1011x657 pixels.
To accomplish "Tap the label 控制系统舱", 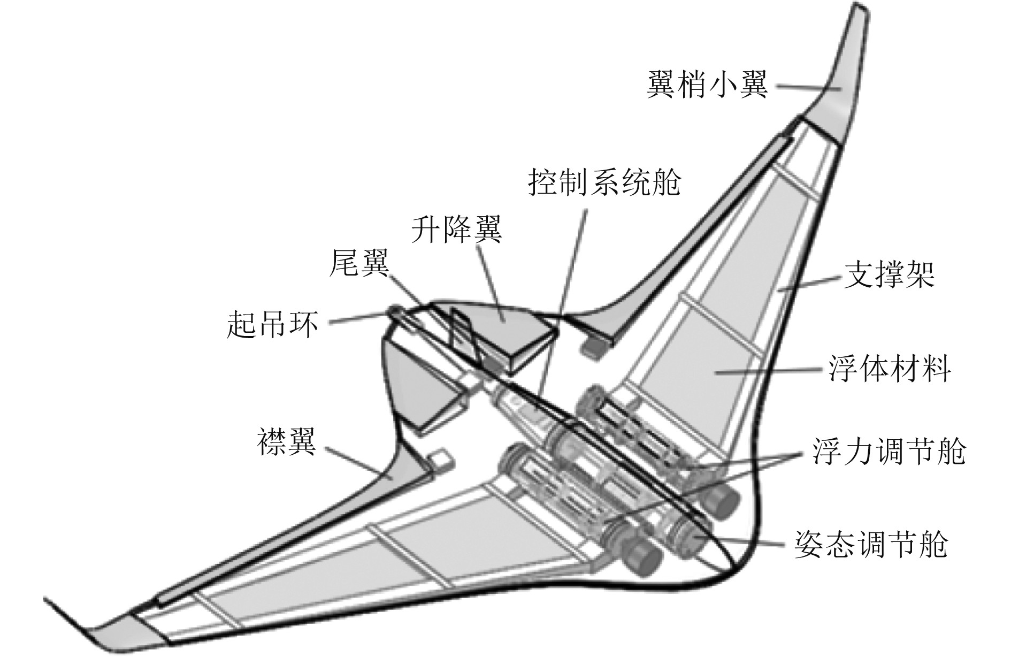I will point(604,184).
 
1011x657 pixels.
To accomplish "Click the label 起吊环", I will point(273,324).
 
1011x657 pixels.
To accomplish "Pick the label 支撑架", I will point(889,276).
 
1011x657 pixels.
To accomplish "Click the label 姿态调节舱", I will point(871,545).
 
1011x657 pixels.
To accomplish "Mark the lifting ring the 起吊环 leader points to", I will point(394,311).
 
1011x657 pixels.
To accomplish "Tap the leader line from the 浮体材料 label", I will point(770,370).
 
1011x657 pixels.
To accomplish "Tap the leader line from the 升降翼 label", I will point(489,281).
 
